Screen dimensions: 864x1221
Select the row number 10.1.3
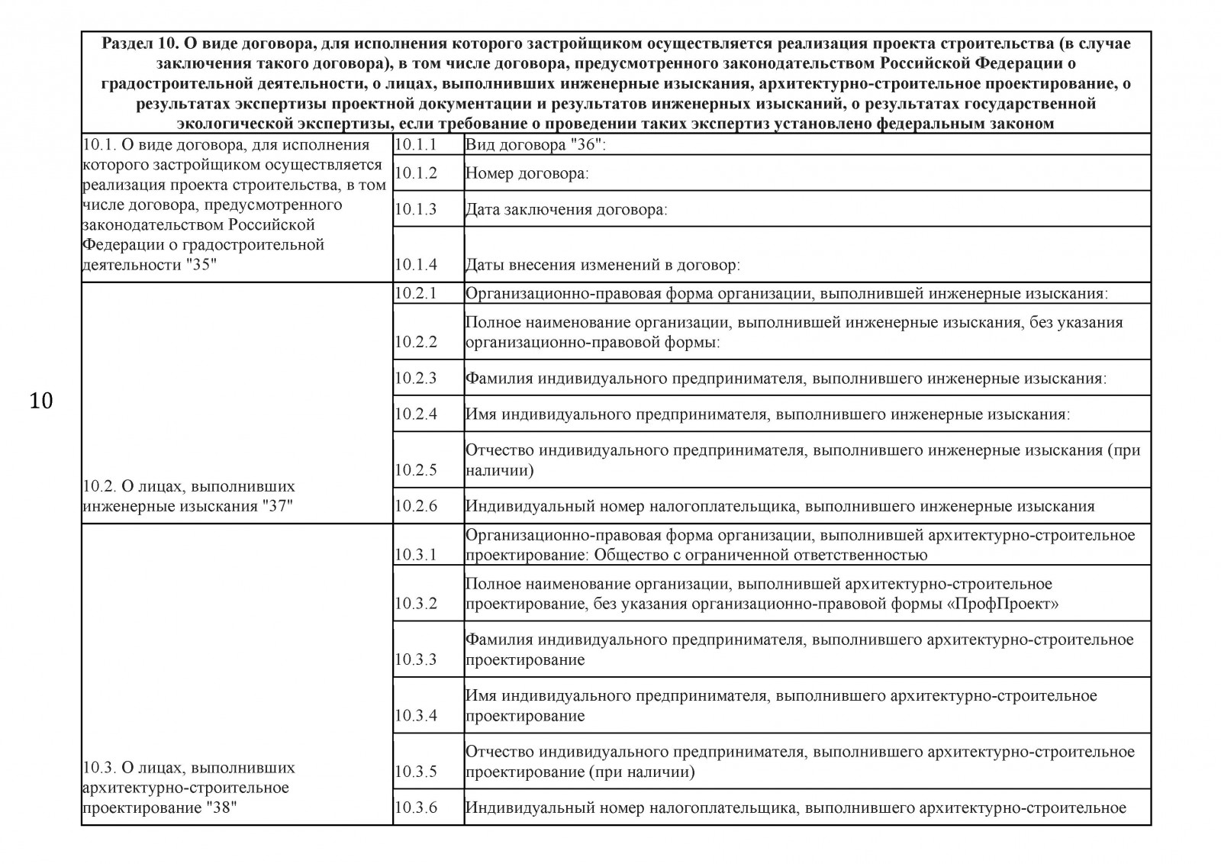pyautogui.click(x=416, y=209)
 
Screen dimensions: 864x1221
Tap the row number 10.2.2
pyautogui.click(x=416, y=342)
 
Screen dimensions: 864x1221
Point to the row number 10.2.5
pyautogui.click(x=416, y=470)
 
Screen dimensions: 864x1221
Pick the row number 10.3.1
pyautogui.click(x=416, y=555)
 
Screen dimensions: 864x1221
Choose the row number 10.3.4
pyautogui.click(x=416, y=716)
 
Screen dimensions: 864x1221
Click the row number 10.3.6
pyautogui.click(x=416, y=808)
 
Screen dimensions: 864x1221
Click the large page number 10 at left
pyautogui.click(x=41, y=400)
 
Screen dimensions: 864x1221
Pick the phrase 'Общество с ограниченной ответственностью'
pyautogui.click(x=760, y=555)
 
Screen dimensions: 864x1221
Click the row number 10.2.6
pyautogui.click(x=416, y=506)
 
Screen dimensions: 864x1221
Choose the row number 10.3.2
pyautogui.click(x=416, y=604)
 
